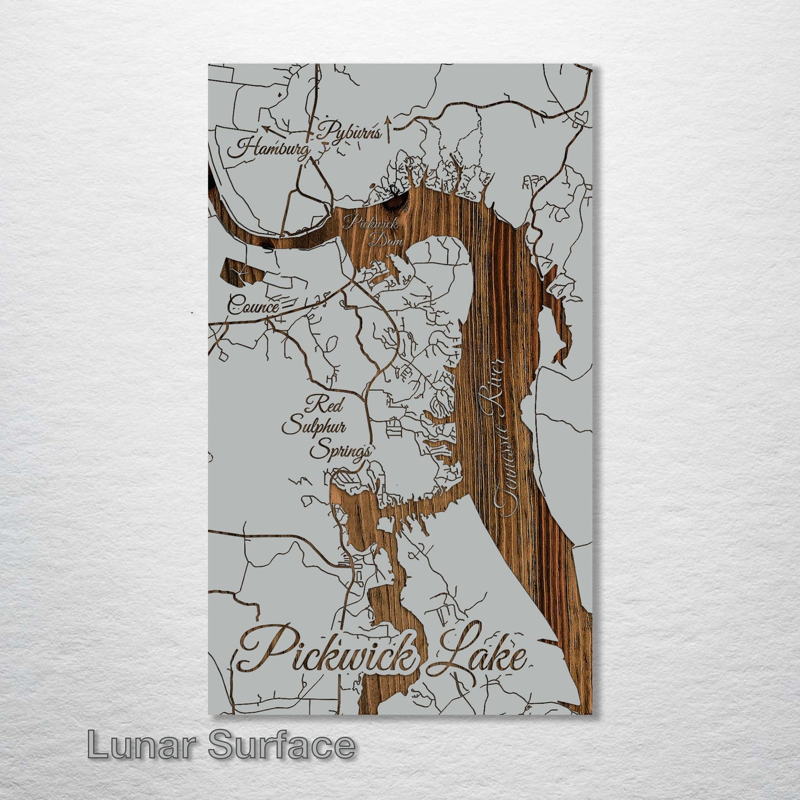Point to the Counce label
[x=253, y=305]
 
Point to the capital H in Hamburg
[x=246, y=148]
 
